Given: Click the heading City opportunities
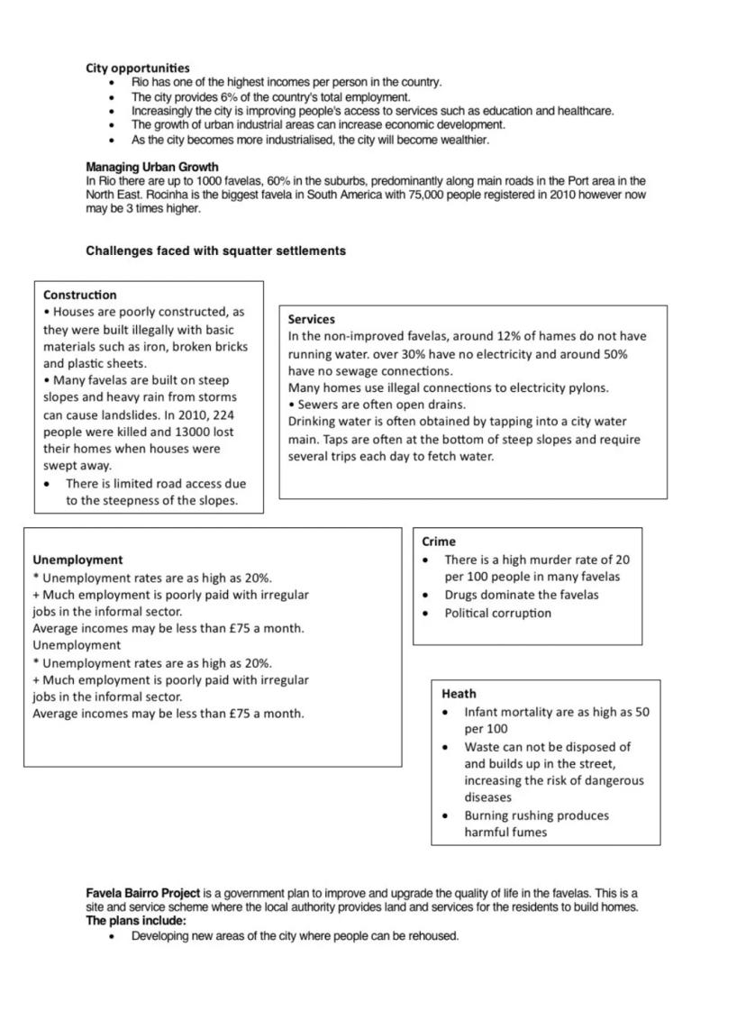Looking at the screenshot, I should pyautogui.click(x=138, y=68).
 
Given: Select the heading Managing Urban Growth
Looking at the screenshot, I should pyautogui.click(x=151, y=168).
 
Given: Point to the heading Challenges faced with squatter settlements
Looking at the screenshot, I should pyautogui.click(x=215, y=251).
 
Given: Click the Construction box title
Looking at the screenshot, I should pyautogui.click(x=79, y=295).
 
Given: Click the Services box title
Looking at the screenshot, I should pyautogui.click(x=311, y=319).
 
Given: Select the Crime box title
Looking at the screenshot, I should pyautogui.click(x=439, y=542).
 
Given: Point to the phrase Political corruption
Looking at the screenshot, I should pyautogui.click(x=497, y=613).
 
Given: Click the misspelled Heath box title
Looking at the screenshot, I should pyautogui.click(x=459, y=694).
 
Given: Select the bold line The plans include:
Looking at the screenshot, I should pyautogui.click(x=136, y=921).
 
